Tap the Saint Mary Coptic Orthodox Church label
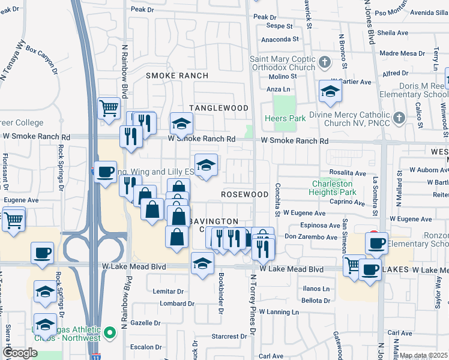pos(282,63)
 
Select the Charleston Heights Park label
pos(333,188)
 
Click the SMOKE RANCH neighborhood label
pos(177,76)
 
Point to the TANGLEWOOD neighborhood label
pos(218,108)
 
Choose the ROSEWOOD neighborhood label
pos(244,195)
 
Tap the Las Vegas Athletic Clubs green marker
pos(109,332)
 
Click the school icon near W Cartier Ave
pos(330,91)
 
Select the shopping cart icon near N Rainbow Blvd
pos(109,109)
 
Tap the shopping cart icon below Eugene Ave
pos(14,219)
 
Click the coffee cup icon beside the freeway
pos(106,172)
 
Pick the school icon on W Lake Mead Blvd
pos(203,263)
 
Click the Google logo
pos(20,353)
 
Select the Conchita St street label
pos(278,200)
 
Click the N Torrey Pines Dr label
pos(253,306)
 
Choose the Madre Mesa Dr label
pos(403,53)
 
